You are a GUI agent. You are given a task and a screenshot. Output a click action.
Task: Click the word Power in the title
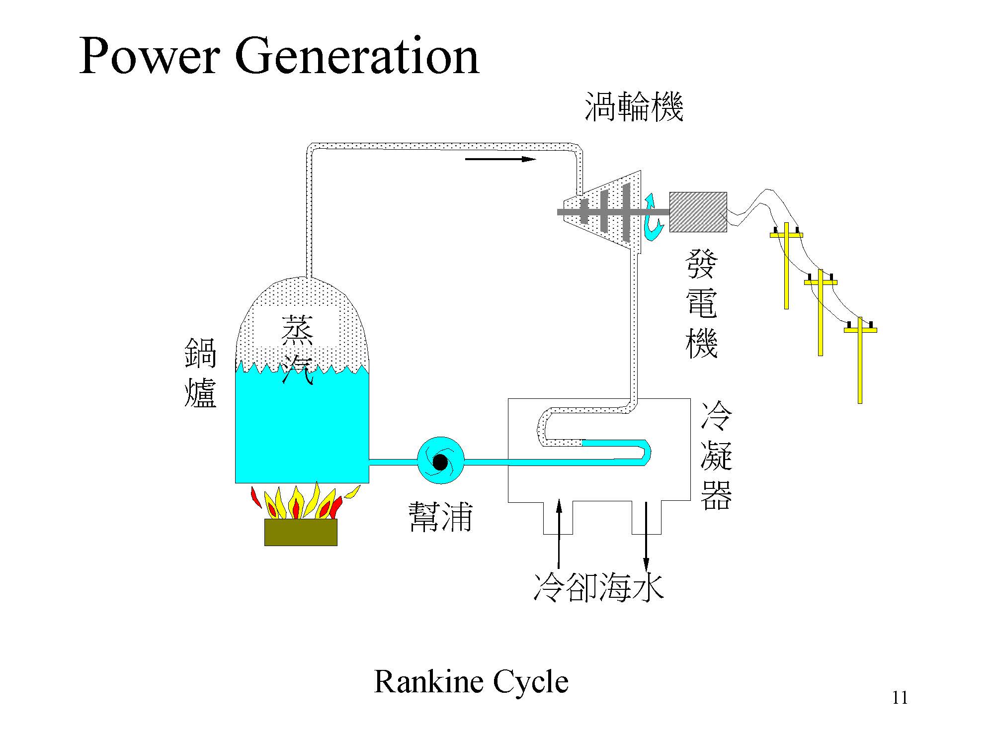149,56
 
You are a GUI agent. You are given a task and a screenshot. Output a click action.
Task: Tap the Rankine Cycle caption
471,682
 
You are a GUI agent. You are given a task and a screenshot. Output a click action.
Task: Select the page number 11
900,698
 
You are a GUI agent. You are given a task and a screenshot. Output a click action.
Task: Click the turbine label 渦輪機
634,107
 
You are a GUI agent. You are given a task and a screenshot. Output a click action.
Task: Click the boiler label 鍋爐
200,373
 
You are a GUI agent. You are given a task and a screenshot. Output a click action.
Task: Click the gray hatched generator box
698,212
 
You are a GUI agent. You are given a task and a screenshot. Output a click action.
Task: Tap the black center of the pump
440,463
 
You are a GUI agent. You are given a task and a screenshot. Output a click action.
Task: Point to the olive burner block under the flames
301,532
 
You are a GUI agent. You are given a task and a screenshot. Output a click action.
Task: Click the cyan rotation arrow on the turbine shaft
652,219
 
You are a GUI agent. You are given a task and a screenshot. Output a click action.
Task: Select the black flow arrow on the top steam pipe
500,159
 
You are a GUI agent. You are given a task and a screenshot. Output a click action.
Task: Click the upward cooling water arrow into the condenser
559,532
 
